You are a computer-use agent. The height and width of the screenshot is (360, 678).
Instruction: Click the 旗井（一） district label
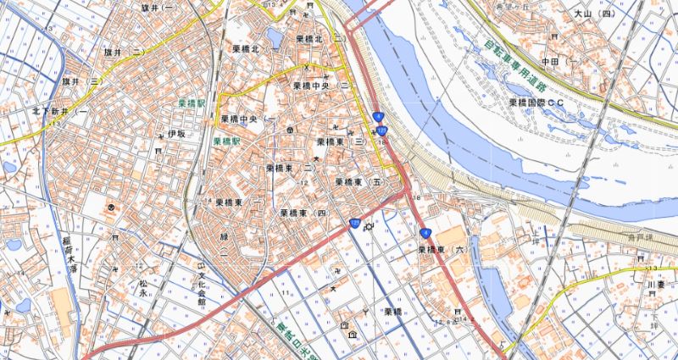(x=159, y=7)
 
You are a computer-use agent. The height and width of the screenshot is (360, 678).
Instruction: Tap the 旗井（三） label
(x=81, y=82)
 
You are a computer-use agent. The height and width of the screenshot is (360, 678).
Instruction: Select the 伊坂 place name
(x=175, y=134)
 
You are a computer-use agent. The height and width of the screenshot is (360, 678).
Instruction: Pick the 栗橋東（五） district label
(x=359, y=182)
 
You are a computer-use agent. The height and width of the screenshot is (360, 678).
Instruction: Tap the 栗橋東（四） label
(x=303, y=213)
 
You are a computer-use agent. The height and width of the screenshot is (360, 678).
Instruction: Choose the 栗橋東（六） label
(x=442, y=250)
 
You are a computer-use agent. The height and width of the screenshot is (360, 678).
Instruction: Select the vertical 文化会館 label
(x=202, y=286)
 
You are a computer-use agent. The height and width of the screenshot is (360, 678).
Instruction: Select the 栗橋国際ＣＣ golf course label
(x=536, y=102)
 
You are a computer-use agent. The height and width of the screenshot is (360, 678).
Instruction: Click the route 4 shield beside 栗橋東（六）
(x=425, y=231)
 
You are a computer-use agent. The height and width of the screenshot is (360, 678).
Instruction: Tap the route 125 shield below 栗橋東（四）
(x=354, y=223)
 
